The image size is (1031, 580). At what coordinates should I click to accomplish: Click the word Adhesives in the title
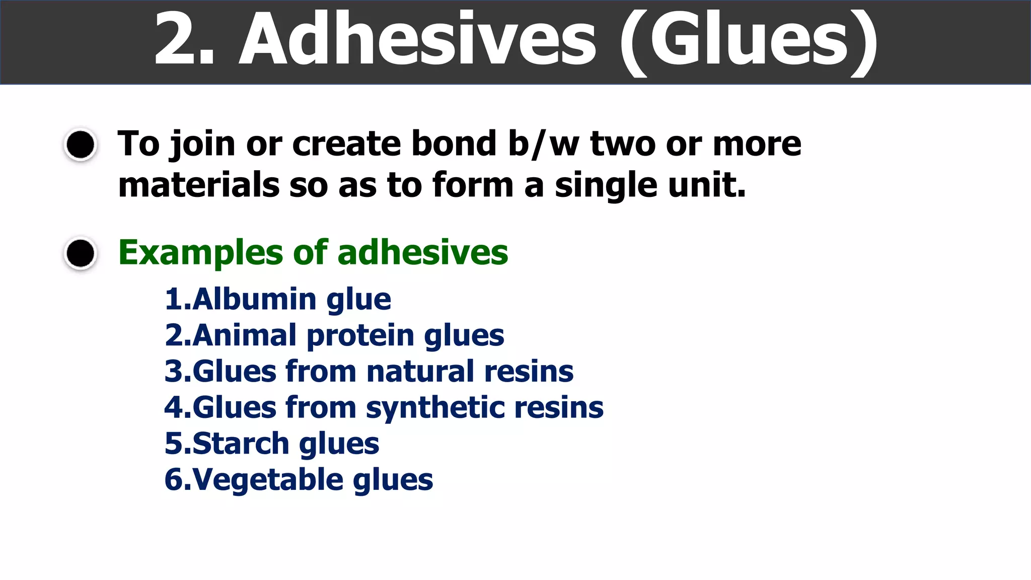click(418, 40)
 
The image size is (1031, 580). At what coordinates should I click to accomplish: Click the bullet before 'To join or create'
click(81, 145)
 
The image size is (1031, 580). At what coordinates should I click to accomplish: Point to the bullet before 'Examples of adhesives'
click(81, 253)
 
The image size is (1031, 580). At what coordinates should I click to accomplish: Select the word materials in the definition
click(198, 185)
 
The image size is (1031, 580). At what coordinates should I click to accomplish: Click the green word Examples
click(200, 253)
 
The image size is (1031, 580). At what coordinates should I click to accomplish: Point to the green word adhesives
click(423, 252)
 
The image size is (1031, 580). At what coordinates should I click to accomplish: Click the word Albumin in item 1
click(254, 299)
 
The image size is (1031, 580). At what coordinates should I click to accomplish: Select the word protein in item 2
click(360, 336)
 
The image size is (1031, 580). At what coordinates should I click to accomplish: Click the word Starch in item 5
click(241, 444)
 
